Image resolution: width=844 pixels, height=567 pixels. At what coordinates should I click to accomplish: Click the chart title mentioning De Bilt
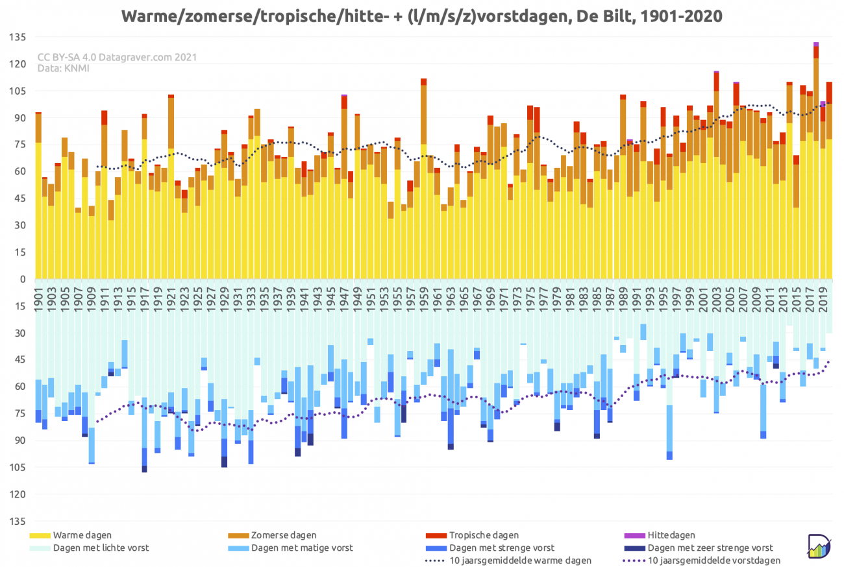click(x=421, y=16)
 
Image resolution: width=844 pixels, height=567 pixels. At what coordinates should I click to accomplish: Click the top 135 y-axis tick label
click(x=18, y=37)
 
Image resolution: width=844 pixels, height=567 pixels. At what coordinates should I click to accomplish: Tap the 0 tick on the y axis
click(x=23, y=280)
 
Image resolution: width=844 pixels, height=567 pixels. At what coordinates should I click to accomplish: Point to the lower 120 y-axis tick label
click(x=18, y=494)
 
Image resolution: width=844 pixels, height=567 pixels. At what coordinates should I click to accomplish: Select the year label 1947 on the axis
click(x=344, y=300)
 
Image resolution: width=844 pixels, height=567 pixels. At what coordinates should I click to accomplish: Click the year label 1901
click(x=38, y=300)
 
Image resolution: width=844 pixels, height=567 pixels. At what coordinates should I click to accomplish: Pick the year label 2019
click(x=823, y=300)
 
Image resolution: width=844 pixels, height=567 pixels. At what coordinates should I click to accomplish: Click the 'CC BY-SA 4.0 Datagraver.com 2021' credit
click(x=117, y=57)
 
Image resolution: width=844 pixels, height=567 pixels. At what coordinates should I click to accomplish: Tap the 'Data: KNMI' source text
click(x=64, y=69)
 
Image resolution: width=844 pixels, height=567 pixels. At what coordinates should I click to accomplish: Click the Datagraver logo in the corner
click(x=819, y=546)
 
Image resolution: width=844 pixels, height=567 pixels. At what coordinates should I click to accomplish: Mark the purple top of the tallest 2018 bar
click(x=816, y=44)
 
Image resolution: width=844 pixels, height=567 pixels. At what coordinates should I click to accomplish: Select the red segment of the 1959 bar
click(x=423, y=82)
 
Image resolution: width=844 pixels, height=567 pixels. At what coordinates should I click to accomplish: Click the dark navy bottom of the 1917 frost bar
click(x=145, y=469)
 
